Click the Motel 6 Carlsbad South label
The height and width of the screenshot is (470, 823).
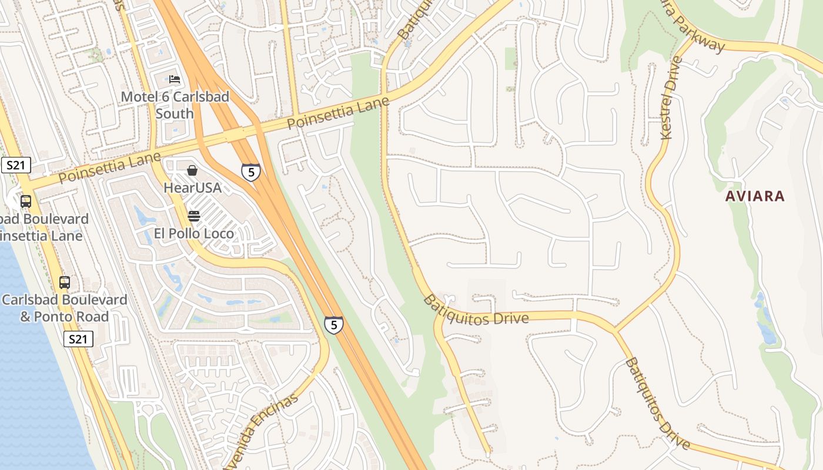[175, 105]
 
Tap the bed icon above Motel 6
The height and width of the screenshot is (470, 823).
[175, 79]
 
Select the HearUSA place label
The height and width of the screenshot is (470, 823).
[192, 187]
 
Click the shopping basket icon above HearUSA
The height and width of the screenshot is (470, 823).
[192, 170]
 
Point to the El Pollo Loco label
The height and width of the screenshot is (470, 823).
[194, 233]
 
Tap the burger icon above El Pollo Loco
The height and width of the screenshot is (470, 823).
[194, 216]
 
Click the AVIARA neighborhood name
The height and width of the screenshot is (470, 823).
[755, 196]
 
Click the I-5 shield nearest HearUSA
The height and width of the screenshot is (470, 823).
[251, 172]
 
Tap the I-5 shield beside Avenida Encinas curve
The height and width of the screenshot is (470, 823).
[333, 325]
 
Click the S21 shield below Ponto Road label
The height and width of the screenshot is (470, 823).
[78, 339]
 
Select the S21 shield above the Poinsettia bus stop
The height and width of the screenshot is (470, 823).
[15, 165]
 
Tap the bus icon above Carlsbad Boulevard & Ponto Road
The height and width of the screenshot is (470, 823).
[65, 283]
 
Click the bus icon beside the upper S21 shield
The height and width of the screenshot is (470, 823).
[26, 201]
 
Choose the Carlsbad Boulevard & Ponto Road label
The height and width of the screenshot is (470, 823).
[65, 308]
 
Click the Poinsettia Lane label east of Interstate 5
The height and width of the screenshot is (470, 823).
[338, 114]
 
